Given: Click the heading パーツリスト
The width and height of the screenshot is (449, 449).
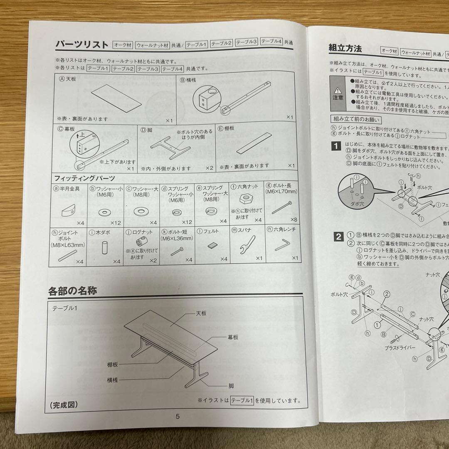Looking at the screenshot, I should click(82, 44).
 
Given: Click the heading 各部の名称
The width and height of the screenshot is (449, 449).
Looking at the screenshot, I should click(73, 290).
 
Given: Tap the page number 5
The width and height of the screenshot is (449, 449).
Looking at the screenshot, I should click(178, 416).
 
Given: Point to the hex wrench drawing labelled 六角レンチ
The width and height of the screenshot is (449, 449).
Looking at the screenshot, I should click(282, 246).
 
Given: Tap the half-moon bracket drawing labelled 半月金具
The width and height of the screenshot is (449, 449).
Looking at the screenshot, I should click(67, 210).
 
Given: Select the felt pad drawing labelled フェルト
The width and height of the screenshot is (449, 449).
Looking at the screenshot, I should click(212, 245).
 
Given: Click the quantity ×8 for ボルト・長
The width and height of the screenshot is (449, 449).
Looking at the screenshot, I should click(294, 220).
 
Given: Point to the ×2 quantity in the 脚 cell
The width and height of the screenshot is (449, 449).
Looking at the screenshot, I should click(209, 168).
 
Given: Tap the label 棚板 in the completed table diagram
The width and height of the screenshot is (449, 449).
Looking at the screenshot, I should click(112, 364).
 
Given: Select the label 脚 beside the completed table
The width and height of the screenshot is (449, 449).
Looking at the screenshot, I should click(231, 386).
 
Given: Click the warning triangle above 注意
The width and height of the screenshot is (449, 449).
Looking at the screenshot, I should click(338, 89).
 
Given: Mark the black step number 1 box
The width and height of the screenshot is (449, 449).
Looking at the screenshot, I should click(336, 146).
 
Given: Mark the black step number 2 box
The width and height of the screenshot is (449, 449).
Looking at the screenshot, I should click(339, 237).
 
